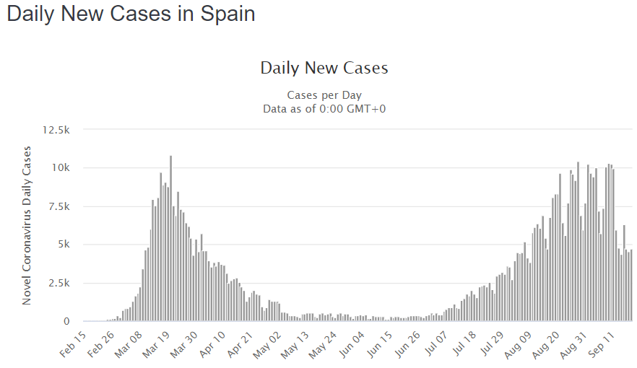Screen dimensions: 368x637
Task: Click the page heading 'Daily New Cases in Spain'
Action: pos(131,14)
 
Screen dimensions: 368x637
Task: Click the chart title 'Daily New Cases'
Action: pos(324,68)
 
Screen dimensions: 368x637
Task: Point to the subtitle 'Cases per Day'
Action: pos(324,95)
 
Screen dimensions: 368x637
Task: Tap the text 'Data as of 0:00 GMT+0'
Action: pos(324,108)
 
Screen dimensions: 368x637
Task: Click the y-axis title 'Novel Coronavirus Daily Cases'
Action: pos(27,225)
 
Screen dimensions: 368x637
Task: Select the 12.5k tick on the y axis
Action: pos(56,130)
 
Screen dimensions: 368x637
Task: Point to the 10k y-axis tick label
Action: pos(61,168)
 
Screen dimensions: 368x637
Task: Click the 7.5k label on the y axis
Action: pos(58,206)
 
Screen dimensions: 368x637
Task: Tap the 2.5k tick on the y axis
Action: pos(58,283)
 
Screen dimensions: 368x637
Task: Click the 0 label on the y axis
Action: pos(66,321)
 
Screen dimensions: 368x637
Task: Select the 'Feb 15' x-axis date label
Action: pos(72,344)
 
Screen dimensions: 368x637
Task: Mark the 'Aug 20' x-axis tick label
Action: pos(552,344)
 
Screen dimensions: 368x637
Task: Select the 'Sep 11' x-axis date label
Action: pos(609,344)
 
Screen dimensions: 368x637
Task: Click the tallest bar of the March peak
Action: pos(170,238)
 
